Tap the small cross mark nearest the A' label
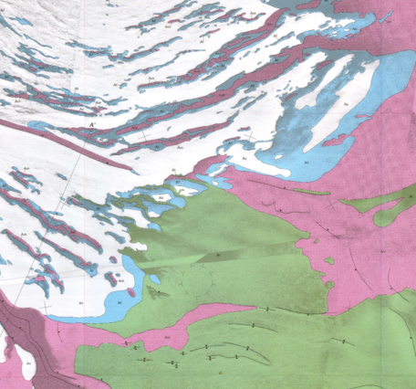click(144, 134)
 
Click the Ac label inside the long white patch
click(346, 106)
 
